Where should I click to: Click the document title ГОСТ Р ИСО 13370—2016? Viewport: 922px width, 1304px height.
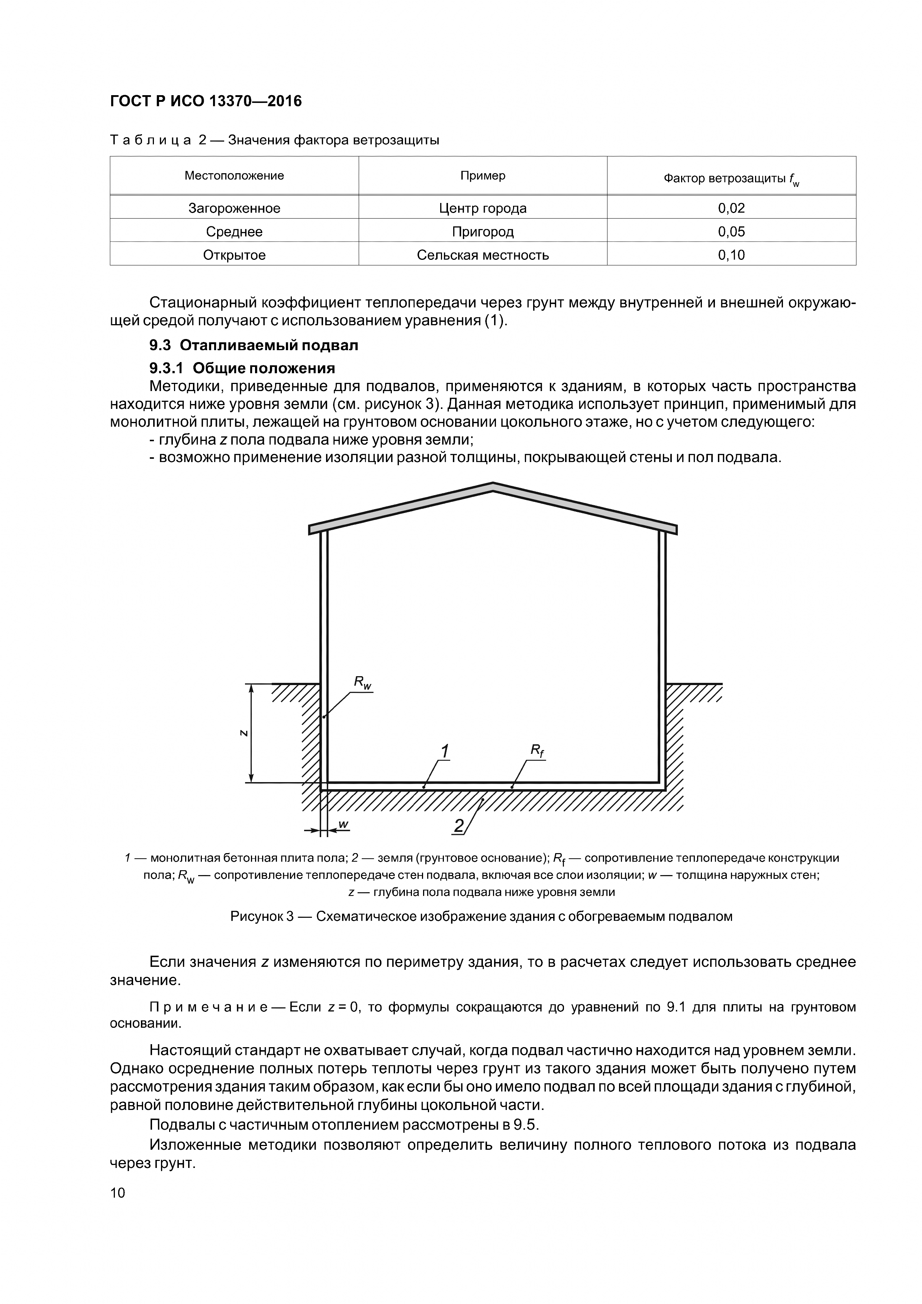[206, 101]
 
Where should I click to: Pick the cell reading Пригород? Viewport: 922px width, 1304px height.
[483, 232]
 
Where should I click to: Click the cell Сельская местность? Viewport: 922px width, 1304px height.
[483, 255]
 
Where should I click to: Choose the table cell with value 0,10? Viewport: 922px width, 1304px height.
[731, 255]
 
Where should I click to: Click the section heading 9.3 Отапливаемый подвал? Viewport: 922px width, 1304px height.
[254, 345]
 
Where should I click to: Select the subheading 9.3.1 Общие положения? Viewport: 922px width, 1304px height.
[242, 368]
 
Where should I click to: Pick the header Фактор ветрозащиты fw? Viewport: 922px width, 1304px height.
[731, 179]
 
